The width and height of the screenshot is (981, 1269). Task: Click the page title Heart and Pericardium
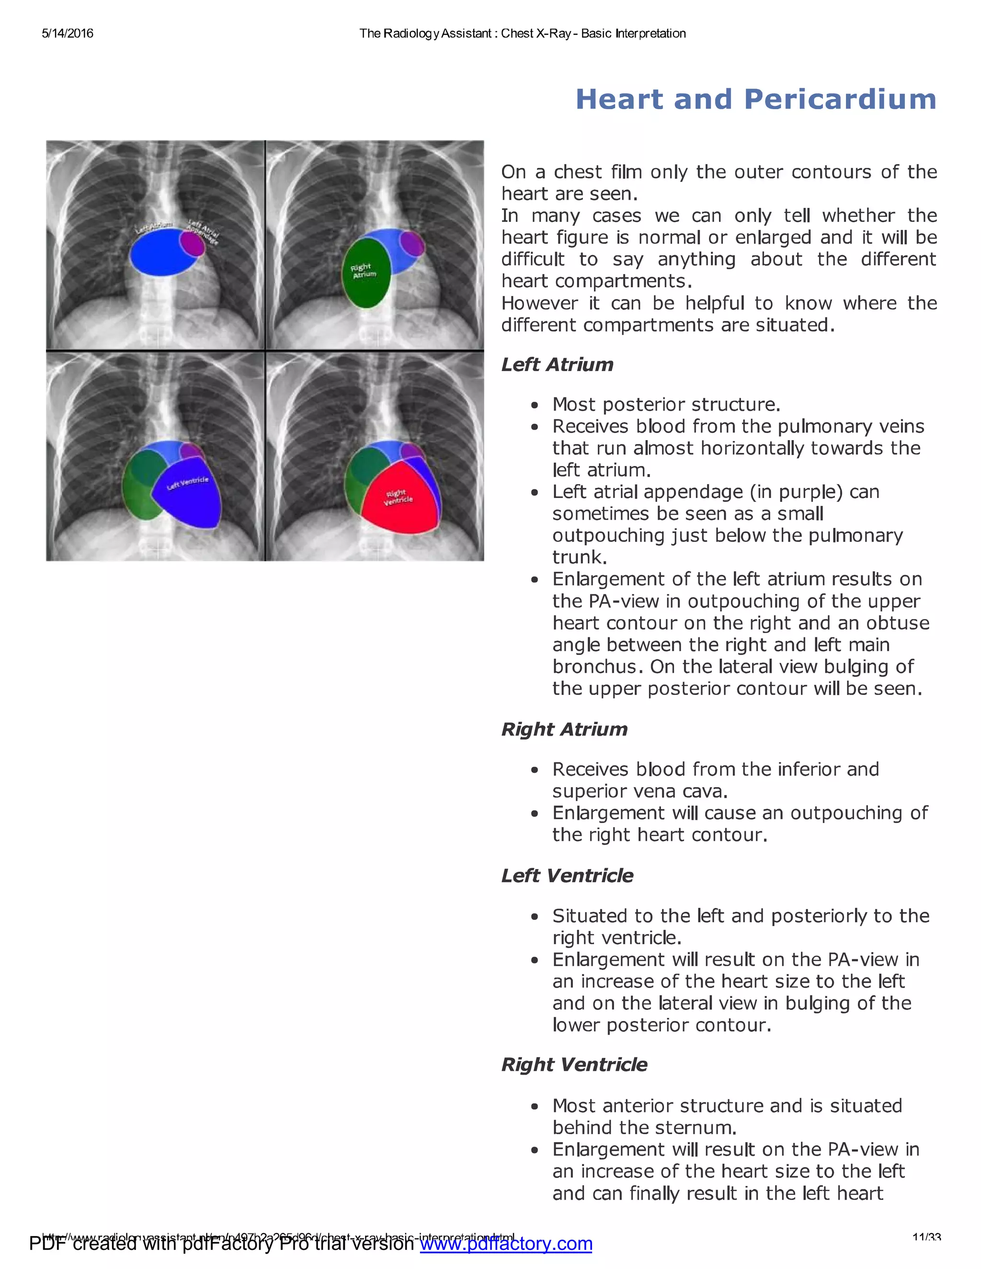pyautogui.click(x=755, y=99)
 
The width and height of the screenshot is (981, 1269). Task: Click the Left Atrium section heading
pyautogui.click(x=557, y=364)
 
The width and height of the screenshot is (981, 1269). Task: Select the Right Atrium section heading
pyautogui.click(x=564, y=729)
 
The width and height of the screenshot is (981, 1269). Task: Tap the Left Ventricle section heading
pyautogui.click(x=567, y=876)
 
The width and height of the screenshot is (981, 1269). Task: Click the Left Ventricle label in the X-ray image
pyautogui.click(x=187, y=483)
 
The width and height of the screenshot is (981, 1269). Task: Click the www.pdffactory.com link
pyautogui.click(x=506, y=1244)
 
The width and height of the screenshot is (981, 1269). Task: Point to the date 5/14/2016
pyautogui.click(x=68, y=34)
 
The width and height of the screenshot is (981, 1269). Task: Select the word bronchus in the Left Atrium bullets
pyautogui.click(x=598, y=667)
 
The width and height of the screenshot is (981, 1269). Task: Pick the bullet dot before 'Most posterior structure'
pyautogui.click(x=535, y=405)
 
